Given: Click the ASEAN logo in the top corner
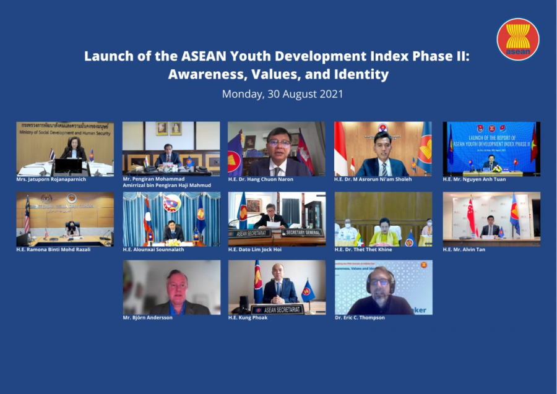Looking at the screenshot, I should click(517, 39).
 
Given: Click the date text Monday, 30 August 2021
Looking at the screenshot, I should click(282, 95).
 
